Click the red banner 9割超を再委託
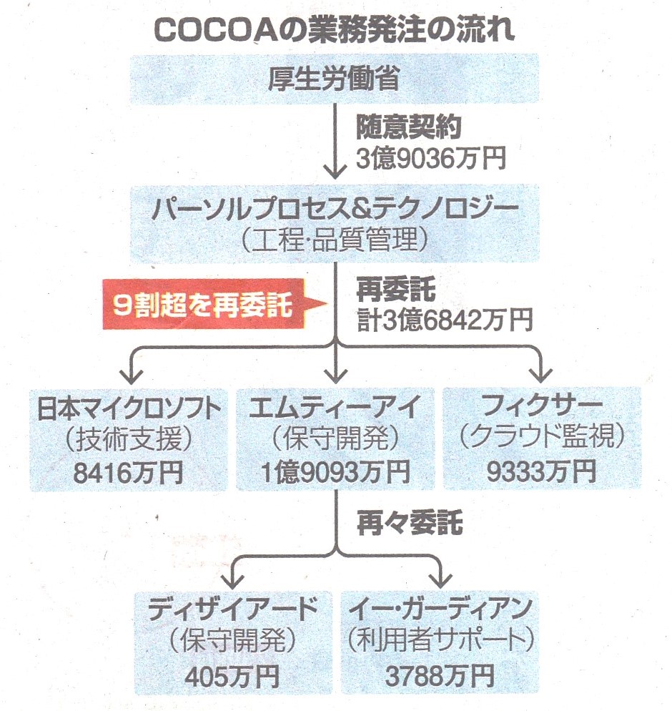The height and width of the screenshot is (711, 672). tap(204, 306)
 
